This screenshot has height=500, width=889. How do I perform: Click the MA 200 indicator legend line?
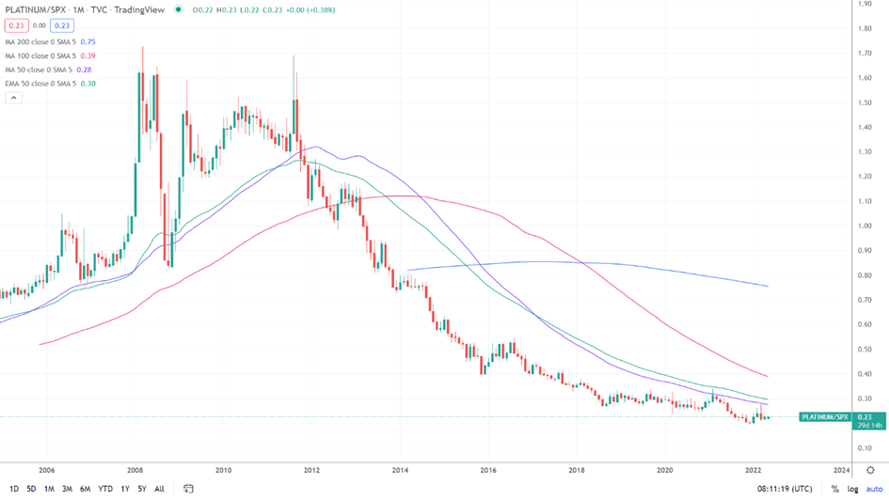pyautogui.click(x=49, y=42)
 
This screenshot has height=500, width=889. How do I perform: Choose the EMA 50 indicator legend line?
pyautogui.click(x=49, y=84)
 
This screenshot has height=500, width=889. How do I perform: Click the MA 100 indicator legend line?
pyautogui.click(x=49, y=55)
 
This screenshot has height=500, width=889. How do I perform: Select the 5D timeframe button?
pyautogui.click(x=31, y=489)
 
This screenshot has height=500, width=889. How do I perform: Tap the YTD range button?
pyautogui.click(x=105, y=489)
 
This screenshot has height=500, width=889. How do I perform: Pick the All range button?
pyautogui.click(x=159, y=489)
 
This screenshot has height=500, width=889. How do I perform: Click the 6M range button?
pyautogui.click(x=85, y=489)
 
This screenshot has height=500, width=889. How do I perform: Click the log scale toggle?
pyautogui.click(x=852, y=489)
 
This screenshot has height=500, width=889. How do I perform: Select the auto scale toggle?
pyautogui.click(x=874, y=489)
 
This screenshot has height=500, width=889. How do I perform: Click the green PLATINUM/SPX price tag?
pyautogui.click(x=825, y=416)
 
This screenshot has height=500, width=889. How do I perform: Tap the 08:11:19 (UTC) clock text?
pyautogui.click(x=785, y=489)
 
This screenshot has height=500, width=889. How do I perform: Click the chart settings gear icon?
pyautogui.click(x=871, y=469)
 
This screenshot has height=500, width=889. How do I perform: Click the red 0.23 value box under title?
pyautogui.click(x=16, y=26)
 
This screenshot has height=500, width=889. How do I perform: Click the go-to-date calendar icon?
pyautogui.click(x=188, y=489)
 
